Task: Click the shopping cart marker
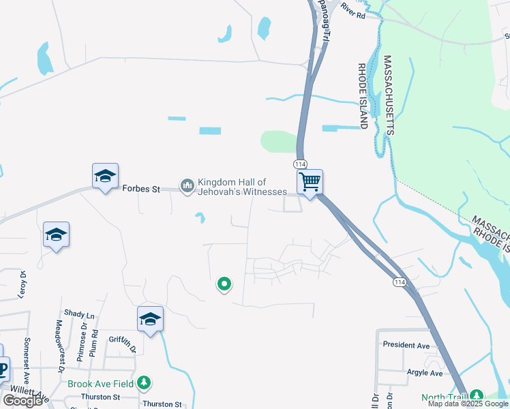coord(310,183)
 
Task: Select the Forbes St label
coord(140,189)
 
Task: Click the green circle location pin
coord(223,284)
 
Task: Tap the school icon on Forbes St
coord(106,177)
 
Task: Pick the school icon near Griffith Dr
coord(150,319)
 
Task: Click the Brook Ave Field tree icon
coord(143,383)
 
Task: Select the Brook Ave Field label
coord(101,384)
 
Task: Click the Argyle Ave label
coord(424,373)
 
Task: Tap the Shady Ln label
coord(79,315)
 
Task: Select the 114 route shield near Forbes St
coord(300,164)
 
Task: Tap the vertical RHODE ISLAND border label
coord(363,95)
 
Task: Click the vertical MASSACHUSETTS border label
coord(388,95)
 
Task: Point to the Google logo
coord(23,401)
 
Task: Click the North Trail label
coord(443,397)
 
